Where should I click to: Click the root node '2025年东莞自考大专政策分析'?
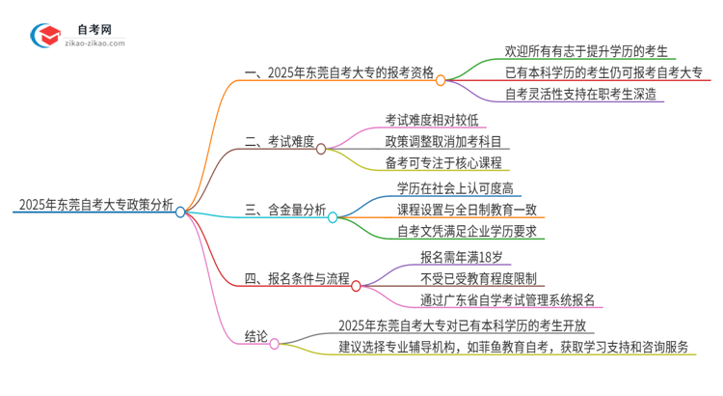(94, 205)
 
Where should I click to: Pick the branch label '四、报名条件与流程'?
(297, 279)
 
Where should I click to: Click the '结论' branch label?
(255, 337)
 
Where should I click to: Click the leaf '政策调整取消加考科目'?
(441, 142)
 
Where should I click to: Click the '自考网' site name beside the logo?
(100, 28)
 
